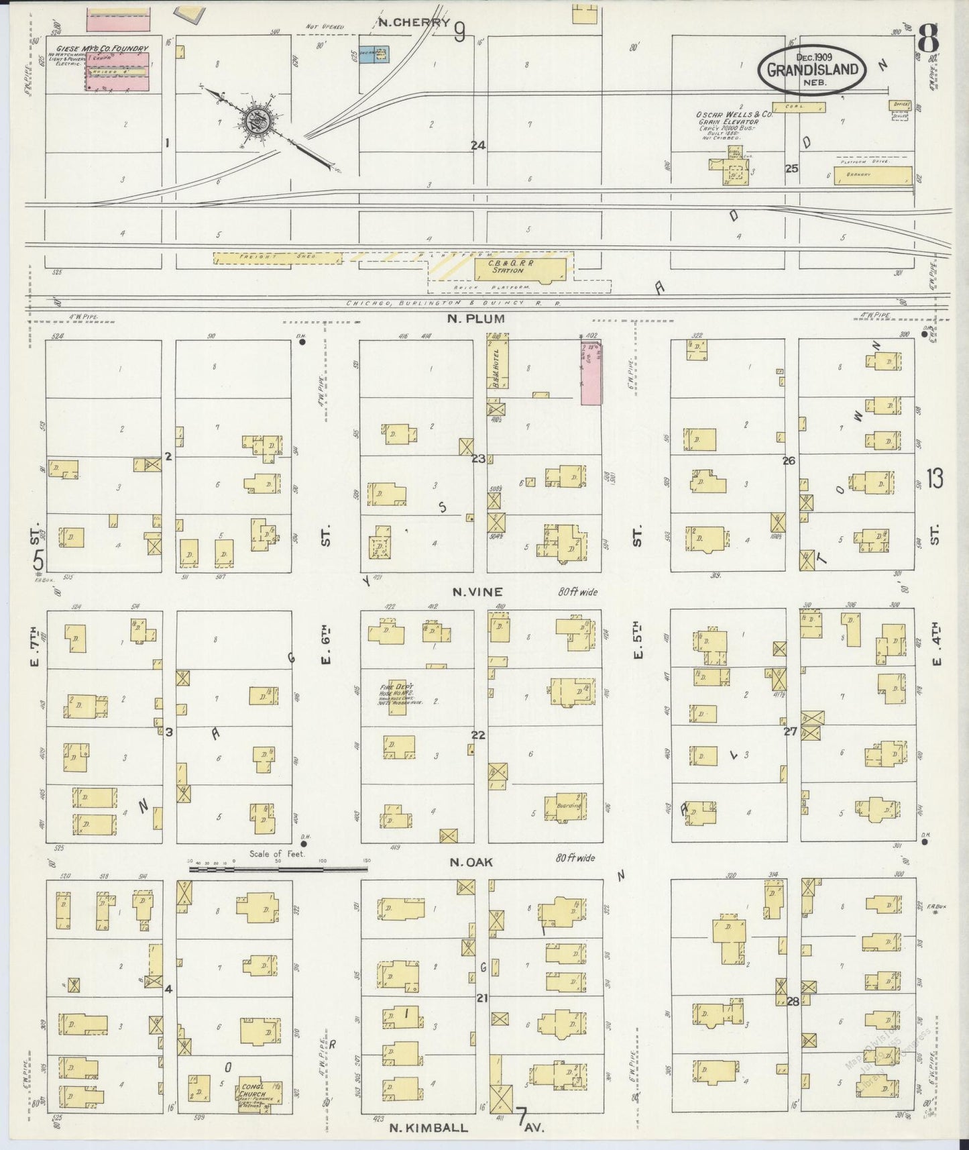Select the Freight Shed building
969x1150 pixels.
click(x=277, y=258)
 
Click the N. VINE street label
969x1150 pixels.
click(x=477, y=591)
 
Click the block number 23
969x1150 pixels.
click(x=477, y=459)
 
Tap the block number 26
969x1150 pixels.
click(x=789, y=460)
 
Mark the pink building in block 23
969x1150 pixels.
click(x=591, y=372)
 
